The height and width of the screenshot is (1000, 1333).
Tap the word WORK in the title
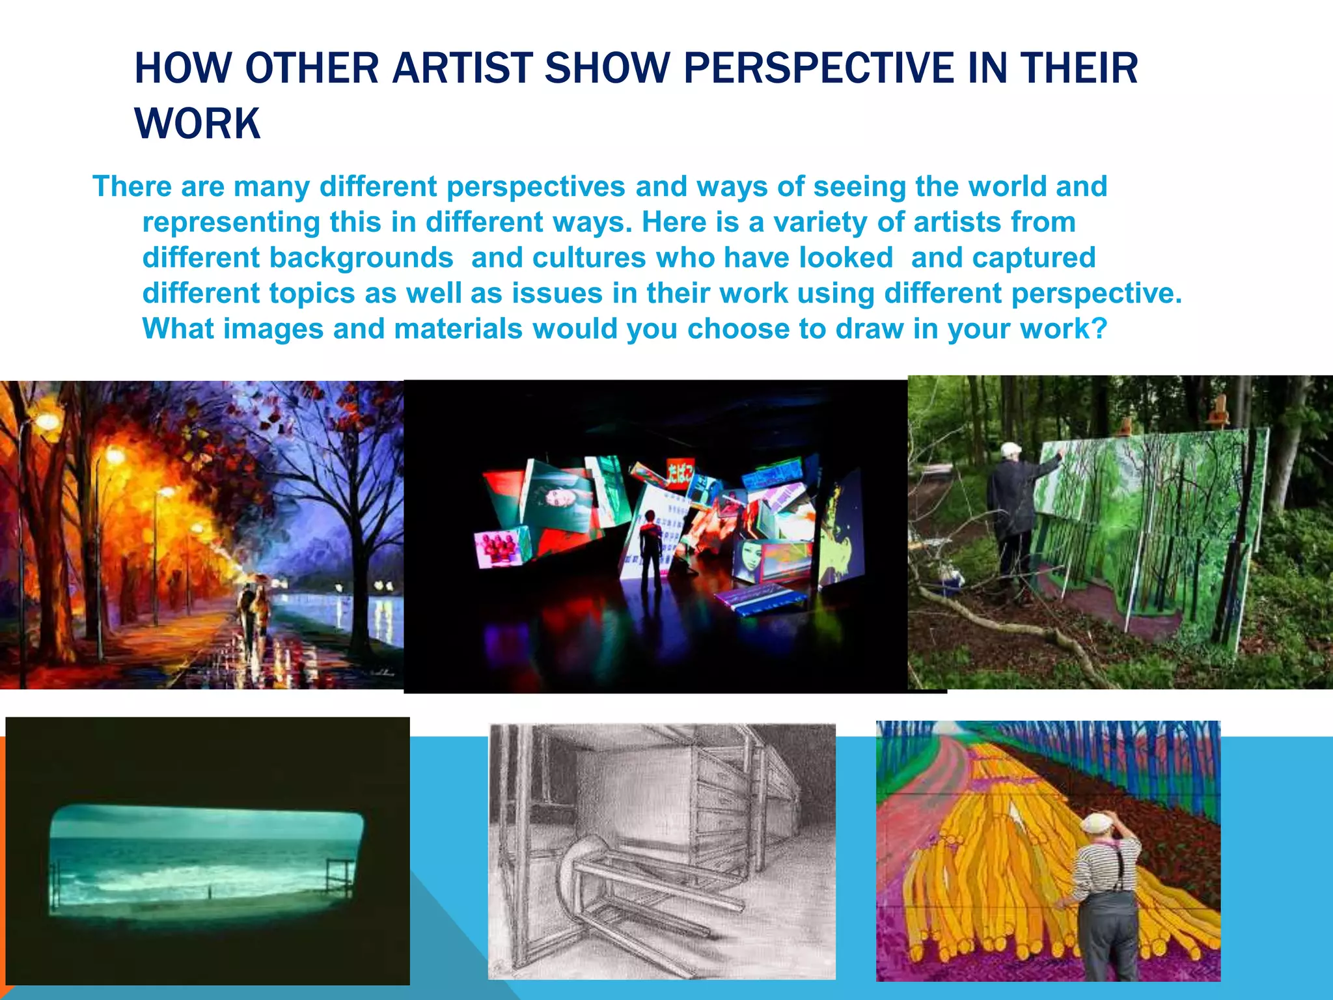point(197,124)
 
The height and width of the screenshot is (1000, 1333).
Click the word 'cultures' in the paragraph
point(588,258)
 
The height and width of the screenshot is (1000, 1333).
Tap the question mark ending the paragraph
point(1099,329)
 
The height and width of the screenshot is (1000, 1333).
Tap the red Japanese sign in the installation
point(680,473)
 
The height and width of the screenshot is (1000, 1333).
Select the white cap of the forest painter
point(1011,449)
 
